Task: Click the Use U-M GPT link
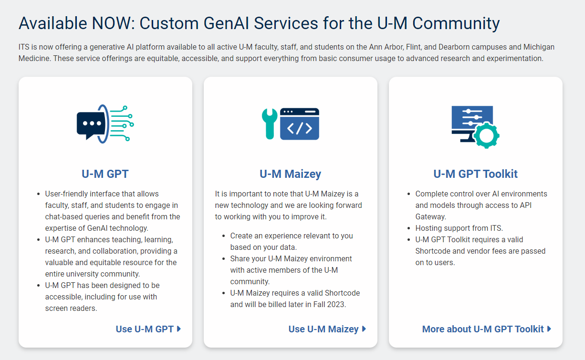tap(148, 329)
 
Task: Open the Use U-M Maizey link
tap(327, 329)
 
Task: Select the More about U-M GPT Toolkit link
tap(486, 329)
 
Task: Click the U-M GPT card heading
tap(105, 174)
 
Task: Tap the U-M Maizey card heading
tap(290, 174)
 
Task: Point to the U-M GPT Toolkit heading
tap(475, 174)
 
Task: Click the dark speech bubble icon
tap(91, 125)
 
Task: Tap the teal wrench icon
tap(270, 124)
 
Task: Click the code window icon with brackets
tap(300, 124)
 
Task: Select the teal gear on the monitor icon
tap(486, 135)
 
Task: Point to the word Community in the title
tap(456, 23)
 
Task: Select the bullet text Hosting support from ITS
tap(459, 228)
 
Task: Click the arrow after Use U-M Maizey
tap(364, 329)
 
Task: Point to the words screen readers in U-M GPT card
tap(71, 309)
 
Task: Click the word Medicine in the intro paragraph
tap(34, 58)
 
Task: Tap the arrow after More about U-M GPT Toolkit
tap(549, 329)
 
